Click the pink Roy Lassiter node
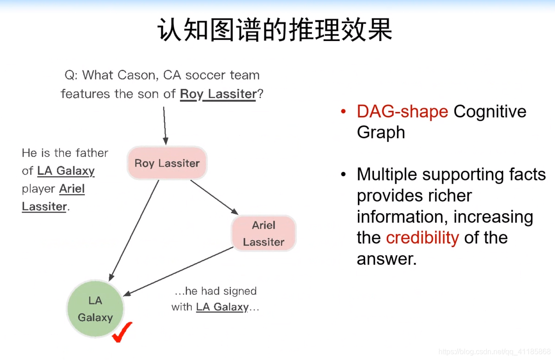[x=167, y=163]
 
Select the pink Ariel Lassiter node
[x=263, y=233]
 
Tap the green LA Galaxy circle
[x=95, y=309]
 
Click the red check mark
[x=122, y=332]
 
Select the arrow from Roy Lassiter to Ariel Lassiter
[x=214, y=197]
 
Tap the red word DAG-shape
[x=402, y=111]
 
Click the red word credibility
[x=422, y=238]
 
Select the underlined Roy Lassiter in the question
[x=218, y=94]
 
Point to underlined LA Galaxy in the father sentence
[x=66, y=171]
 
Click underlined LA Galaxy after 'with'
[x=222, y=307]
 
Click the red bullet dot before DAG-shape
[x=343, y=112]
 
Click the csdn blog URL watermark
[x=495, y=352]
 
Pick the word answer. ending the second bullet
[x=386, y=259]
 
